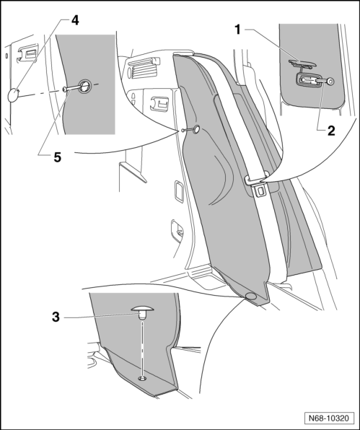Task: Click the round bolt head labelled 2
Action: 330,82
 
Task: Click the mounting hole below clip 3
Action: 143,378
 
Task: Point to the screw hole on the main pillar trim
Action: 194,129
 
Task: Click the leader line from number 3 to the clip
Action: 115,314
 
